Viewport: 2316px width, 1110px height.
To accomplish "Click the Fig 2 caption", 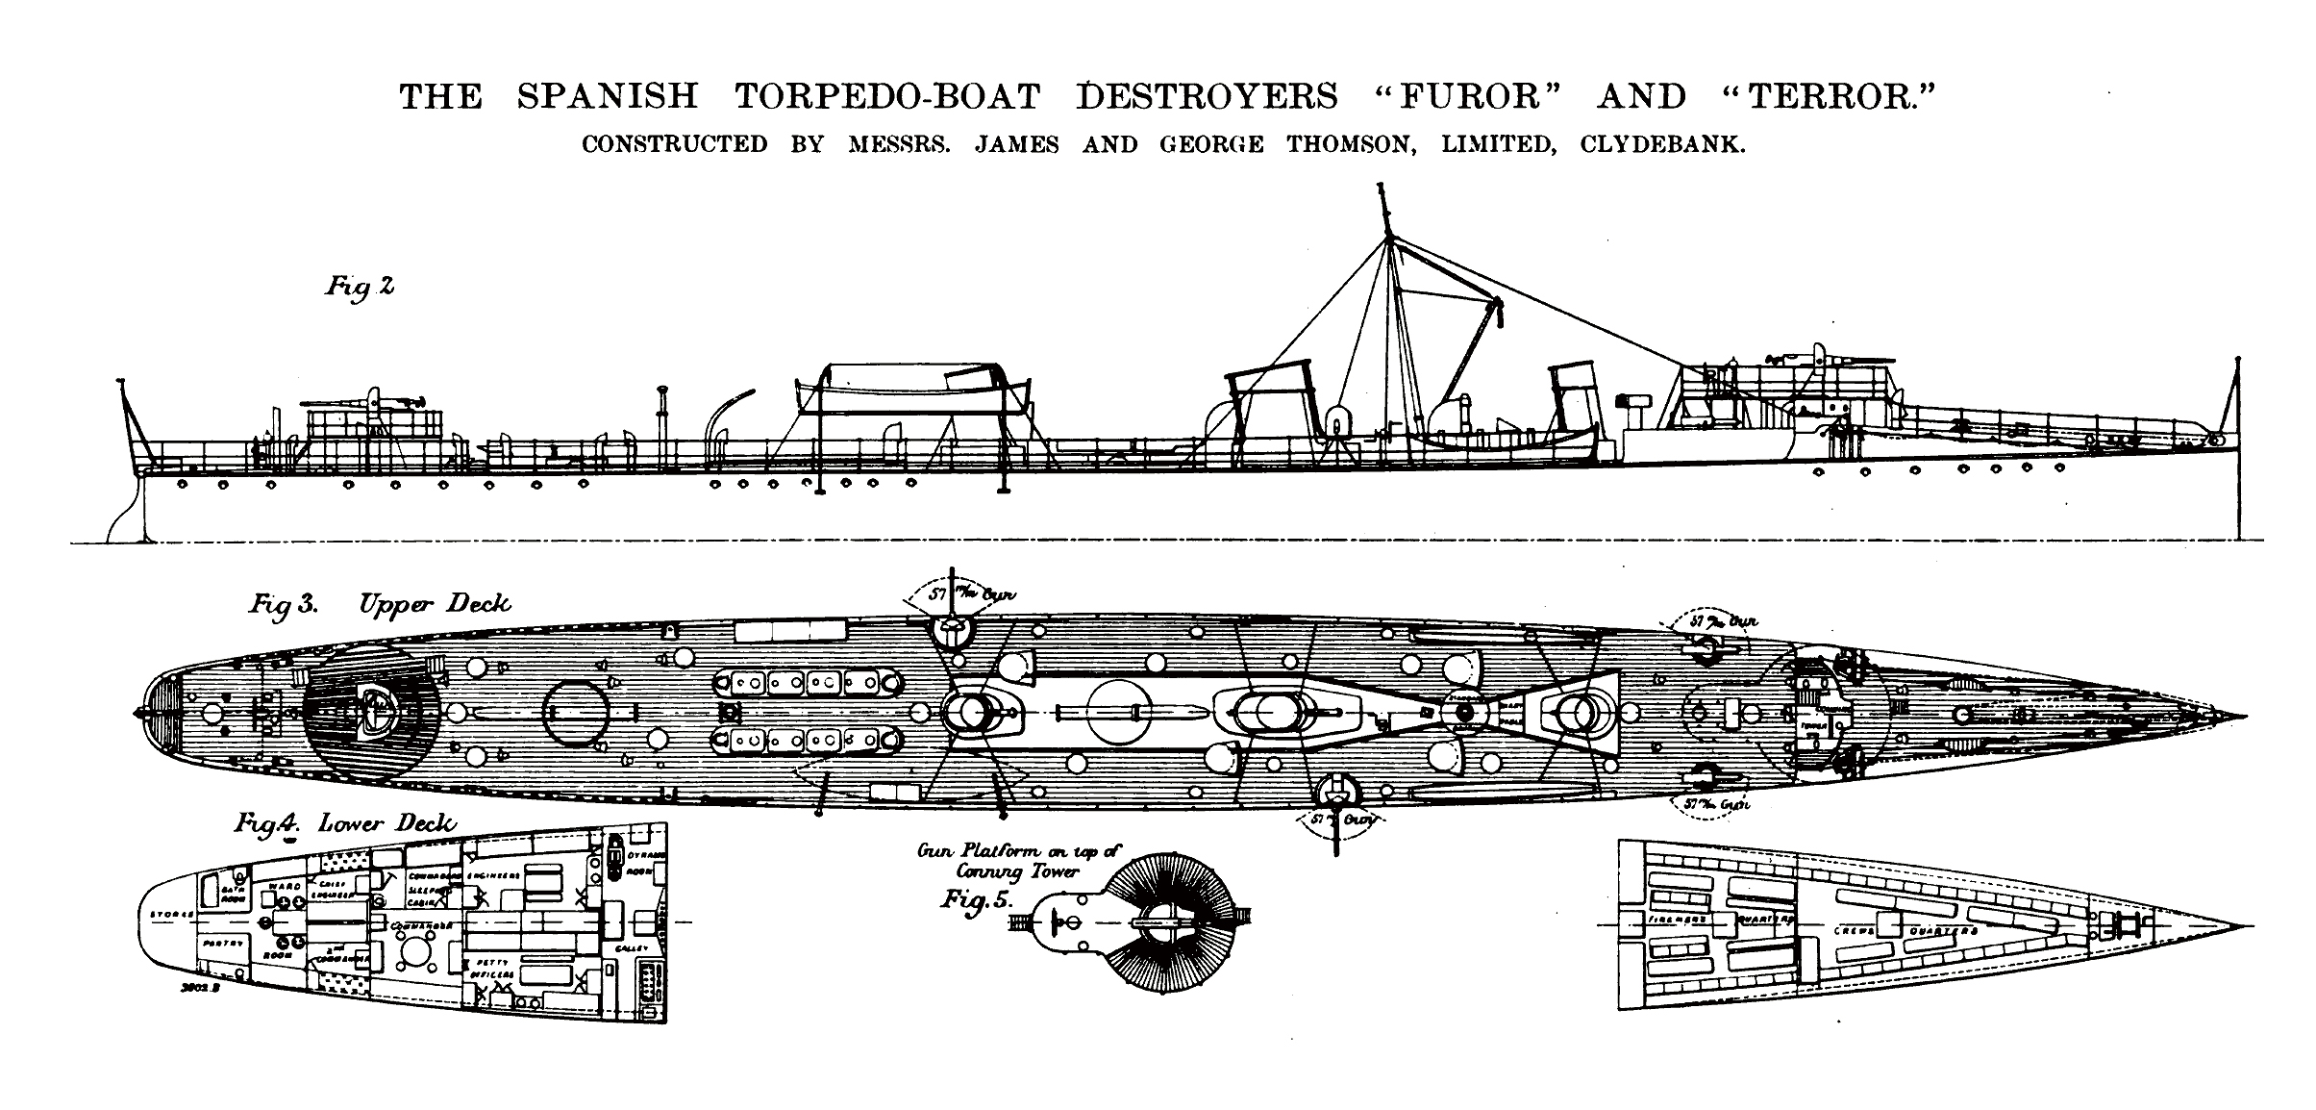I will point(359,287).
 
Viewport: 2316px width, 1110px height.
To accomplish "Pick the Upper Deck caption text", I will point(435,604).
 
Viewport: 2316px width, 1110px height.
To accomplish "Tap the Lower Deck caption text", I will point(386,824).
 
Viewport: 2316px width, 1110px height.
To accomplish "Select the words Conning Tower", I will point(1017,871).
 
